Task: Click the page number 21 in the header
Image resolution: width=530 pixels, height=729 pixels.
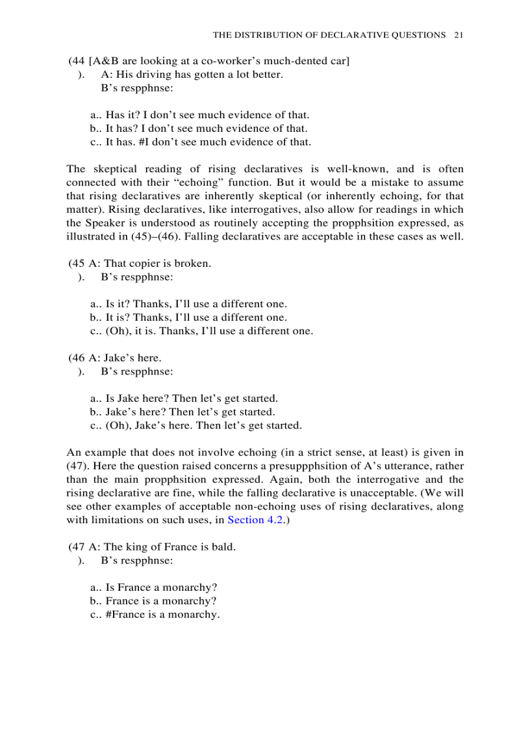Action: pos(459,35)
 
